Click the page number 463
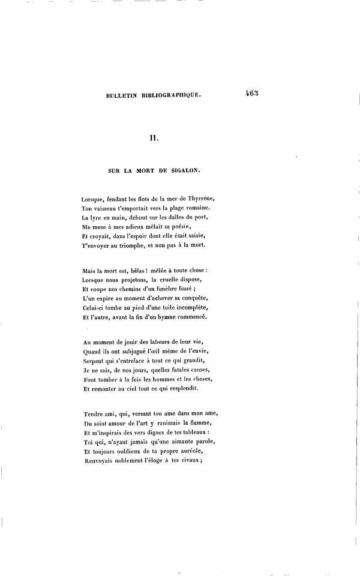[251, 94]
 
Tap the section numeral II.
[153, 139]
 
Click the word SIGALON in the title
[185, 170]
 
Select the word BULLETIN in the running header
[121, 95]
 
